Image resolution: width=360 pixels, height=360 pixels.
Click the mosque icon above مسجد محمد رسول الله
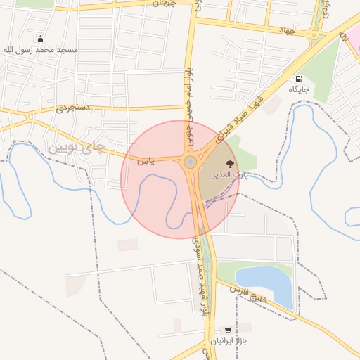[39, 39]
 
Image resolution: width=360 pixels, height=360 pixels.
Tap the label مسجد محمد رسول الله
[41, 51]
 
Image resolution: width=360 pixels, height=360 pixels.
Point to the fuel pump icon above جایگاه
[300, 79]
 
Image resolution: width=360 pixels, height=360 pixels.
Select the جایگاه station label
[298, 91]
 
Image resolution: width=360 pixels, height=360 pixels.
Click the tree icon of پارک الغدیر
[230, 163]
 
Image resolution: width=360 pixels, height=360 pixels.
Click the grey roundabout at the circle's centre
[190, 162]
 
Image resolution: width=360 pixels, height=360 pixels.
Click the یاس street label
[146, 161]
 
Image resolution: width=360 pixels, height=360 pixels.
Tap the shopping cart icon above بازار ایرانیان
[227, 329]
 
